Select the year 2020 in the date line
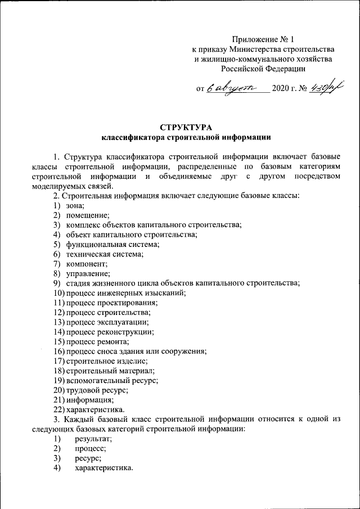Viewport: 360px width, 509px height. point(280,89)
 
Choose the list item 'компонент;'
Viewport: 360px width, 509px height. point(87,263)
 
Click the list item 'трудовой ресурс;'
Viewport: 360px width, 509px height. point(97,390)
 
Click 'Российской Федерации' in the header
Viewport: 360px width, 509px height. point(263,69)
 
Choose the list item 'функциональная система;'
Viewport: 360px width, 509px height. point(112,244)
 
